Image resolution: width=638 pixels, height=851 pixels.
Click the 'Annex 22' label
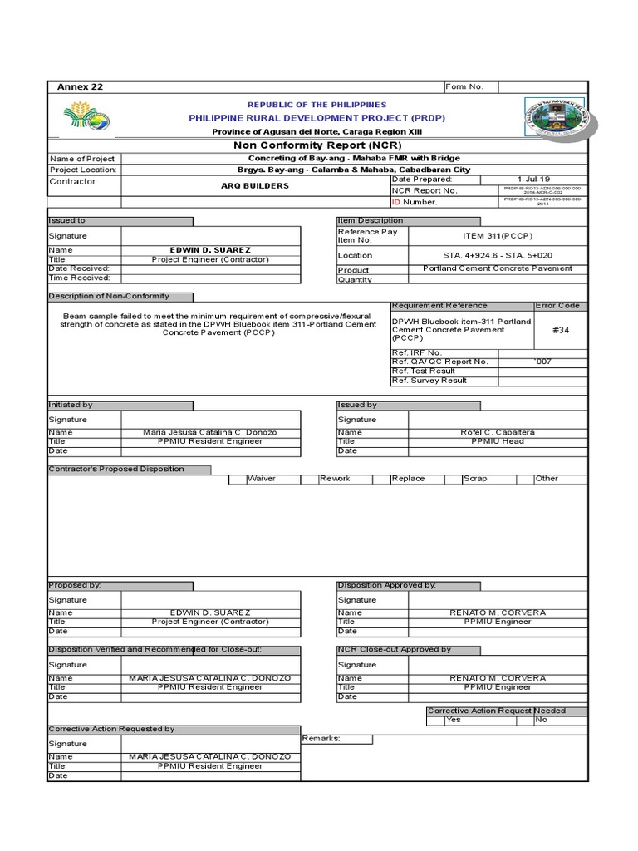80,87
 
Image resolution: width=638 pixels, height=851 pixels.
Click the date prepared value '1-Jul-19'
532,180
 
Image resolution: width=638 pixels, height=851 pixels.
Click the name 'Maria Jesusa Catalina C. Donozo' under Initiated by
209,432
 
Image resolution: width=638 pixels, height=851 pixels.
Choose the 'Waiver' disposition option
261,479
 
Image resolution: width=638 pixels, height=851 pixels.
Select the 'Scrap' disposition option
475,479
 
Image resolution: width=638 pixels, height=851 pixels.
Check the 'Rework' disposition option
335,479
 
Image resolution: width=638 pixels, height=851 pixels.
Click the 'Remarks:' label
321,738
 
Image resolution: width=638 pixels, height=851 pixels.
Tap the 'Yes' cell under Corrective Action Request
454,720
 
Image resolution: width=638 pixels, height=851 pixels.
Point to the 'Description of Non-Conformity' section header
109,297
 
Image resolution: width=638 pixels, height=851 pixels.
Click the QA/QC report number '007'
543,362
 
